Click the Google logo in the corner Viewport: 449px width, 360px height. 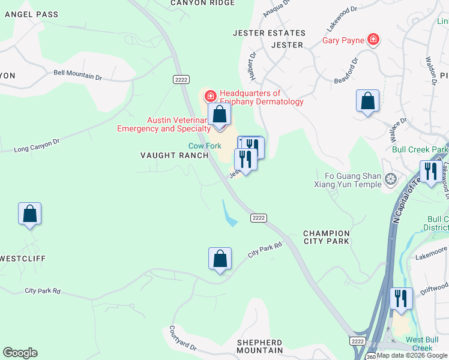pyautogui.click(x=20, y=353)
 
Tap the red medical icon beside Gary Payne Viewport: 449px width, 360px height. pyautogui.click(x=373, y=40)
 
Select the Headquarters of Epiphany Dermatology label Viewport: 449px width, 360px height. pyautogui.click(x=261, y=97)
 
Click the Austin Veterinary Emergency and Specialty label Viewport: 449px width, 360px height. pyautogui.click(x=163, y=124)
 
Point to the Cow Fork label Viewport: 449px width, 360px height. pyautogui.click(x=205, y=146)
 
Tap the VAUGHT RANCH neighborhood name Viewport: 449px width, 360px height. pyautogui.click(x=174, y=155)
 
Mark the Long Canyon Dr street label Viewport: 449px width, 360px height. pyautogui.click(x=37, y=144)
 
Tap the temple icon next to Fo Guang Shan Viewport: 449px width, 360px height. pyautogui.click(x=391, y=179)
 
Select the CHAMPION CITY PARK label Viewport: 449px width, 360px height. pyautogui.click(x=326, y=237)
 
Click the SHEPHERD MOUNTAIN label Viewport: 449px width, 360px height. pyautogui.click(x=260, y=346)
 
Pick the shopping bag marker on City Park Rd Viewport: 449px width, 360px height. pyautogui.click(x=220, y=259)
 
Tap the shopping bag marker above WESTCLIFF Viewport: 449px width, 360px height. pyautogui.click(x=29, y=214)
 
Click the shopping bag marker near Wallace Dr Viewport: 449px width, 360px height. pyautogui.click(x=367, y=101)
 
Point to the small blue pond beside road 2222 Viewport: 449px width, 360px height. pyautogui.click(x=228, y=214)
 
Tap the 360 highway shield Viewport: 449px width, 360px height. pyautogui.click(x=371, y=356)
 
